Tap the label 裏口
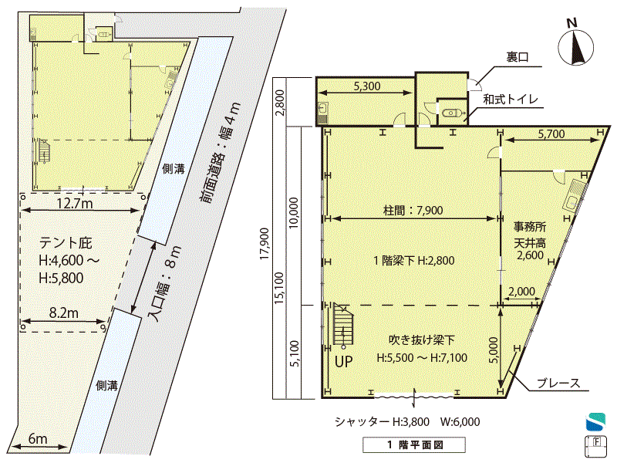pos(517,57)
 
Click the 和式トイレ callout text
pos(510,99)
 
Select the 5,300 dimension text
pos(367,86)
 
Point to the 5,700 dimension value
pos(551,133)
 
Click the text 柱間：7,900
pos(413,210)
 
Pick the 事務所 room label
pos(530,227)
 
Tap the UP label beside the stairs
pos(343,361)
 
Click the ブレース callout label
pos(558,383)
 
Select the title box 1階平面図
pos(414,445)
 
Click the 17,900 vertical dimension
pos(265,244)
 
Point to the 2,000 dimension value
pos(521,292)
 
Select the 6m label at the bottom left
pos(38,438)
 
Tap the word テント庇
pos(66,242)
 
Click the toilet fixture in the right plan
pos(450,113)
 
